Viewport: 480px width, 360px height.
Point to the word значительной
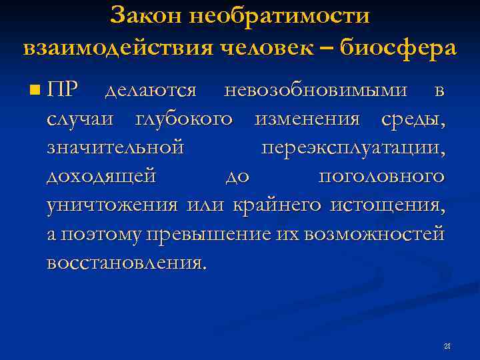coord(115,148)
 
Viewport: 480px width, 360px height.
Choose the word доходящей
coord(101,177)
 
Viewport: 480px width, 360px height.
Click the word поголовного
coord(381,177)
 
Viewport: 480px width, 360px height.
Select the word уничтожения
coord(112,205)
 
